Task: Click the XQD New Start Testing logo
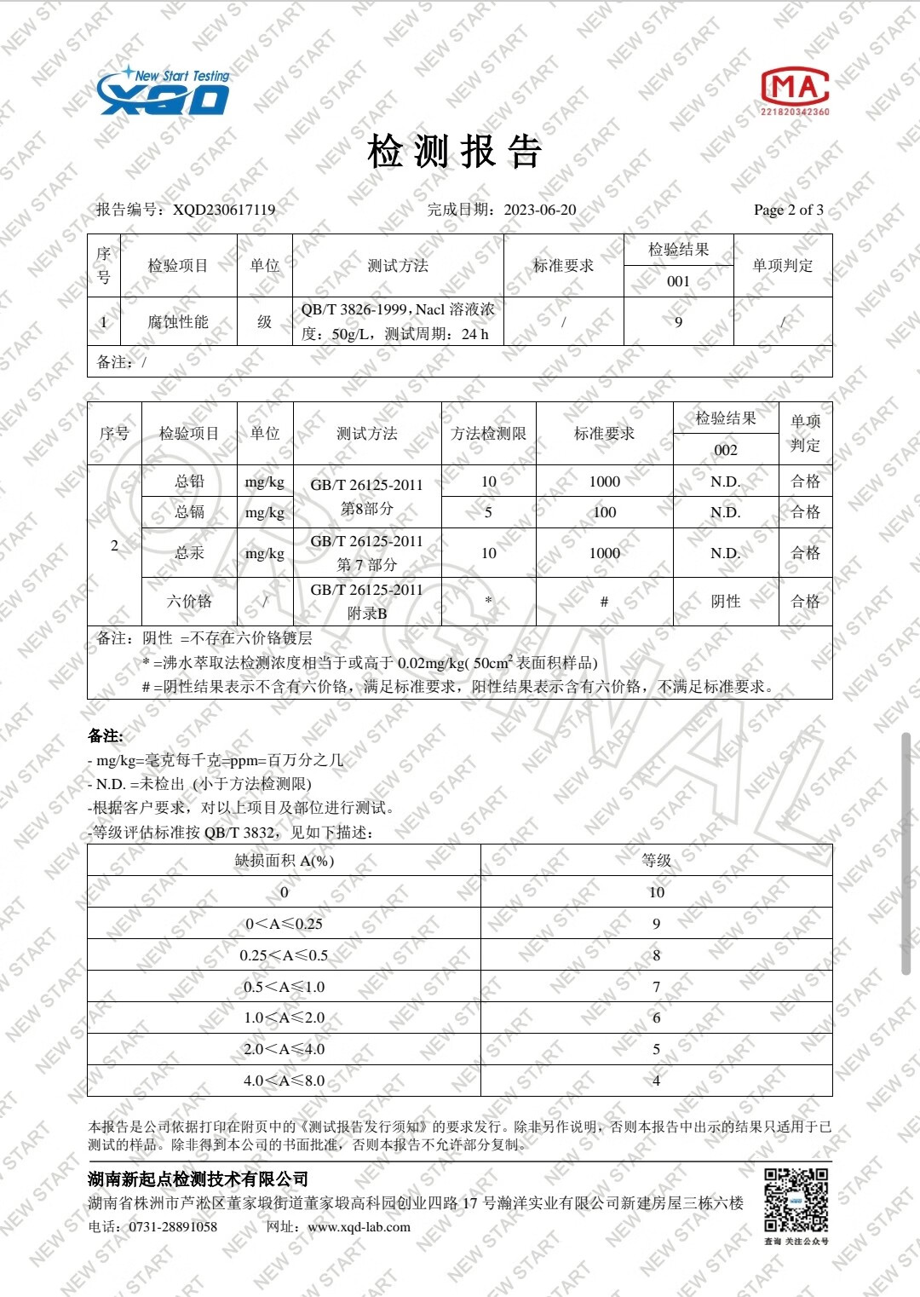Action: coord(164,92)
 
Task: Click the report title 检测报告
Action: coord(454,152)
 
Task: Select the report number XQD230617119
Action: coord(224,210)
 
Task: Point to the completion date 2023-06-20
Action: coord(539,210)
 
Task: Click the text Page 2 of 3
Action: coord(788,210)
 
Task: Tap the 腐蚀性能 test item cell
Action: coord(178,322)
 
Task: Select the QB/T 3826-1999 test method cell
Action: coord(398,321)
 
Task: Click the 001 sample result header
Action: coord(678,281)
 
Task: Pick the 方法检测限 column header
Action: coord(488,434)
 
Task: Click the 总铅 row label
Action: coord(189,481)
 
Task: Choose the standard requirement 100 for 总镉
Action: coord(604,512)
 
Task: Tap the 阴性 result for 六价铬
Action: coord(725,602)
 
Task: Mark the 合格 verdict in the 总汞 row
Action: coord(805,553)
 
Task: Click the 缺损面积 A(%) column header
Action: coord(284,861)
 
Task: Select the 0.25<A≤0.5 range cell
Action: coord(284,955)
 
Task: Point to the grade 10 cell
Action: coord(656,892)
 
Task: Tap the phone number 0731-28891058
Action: coord(173,1227)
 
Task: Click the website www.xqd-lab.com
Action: coord(359,1227)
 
